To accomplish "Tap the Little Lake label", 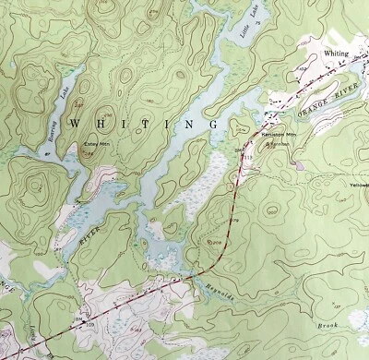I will tap(251, 20).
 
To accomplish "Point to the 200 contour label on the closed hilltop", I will tap(215, 242).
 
